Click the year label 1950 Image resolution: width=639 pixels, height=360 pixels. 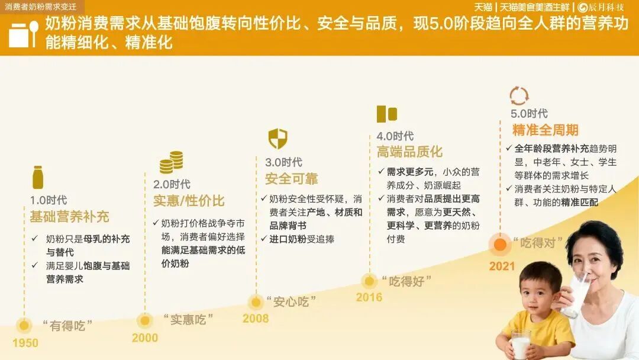coord(25,343)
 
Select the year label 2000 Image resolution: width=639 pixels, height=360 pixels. coord(145,337)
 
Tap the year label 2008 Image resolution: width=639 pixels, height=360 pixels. coord(256,319)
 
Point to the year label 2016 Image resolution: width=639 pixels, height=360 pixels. coord(369,297)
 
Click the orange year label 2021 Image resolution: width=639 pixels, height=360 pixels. coord(502,266)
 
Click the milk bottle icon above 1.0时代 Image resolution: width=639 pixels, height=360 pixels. coord(38,178)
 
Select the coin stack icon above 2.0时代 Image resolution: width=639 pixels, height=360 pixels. coord(171,162)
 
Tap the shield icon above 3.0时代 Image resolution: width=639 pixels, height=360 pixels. coord(278,139)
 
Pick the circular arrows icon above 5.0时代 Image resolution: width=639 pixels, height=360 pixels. coord(519,96)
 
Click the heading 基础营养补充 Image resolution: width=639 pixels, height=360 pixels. coord(70,217)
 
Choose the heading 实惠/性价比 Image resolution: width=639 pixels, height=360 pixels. coord(189,201)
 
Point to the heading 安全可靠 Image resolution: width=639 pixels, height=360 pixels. coord(291,179)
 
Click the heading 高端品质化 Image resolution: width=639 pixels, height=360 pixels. coord(409,152)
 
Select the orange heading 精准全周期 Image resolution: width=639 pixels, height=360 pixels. coord(546,130)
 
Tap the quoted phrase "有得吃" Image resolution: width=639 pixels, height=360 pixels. coord(67,326)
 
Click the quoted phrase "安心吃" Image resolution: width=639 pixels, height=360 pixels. coord(291,302)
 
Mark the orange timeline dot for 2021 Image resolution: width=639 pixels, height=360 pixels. coord(500,244)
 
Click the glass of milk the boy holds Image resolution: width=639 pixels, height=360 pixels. coord(521,345)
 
